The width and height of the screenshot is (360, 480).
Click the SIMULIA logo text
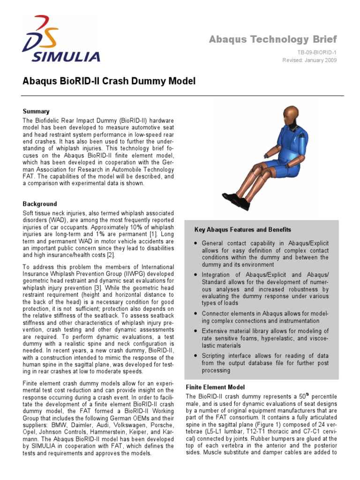[x=66, y=57]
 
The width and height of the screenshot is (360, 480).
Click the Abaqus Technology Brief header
[x=273, y=39]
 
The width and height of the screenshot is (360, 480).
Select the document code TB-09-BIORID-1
[x=316, y=52]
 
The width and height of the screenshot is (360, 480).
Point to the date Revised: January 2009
[x=309, y=60]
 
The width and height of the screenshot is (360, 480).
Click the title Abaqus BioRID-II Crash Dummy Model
[x=109, y=82]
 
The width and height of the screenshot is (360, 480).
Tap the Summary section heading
[x=36, y=112]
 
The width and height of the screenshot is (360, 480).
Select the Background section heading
[x=40, y=204]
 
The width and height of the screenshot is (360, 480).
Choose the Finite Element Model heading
[x=215, y=387]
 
